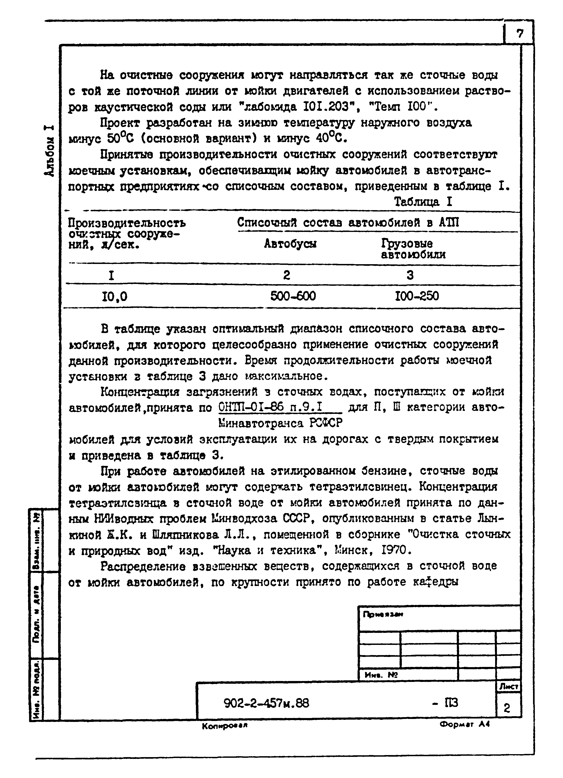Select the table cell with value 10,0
click(115, 296)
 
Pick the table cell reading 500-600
click(293, 296)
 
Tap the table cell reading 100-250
click(417, 296)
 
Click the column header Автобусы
click(290, 244)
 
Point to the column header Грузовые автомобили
click(413, 249)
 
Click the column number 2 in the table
click(287, 275)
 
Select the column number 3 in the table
click(410, 275)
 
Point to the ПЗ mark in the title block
click(450, 703)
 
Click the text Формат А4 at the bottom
click(465, 724)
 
